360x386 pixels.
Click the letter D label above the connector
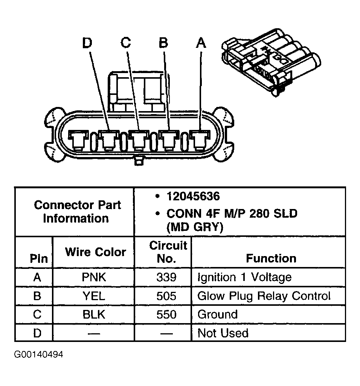pos(87,43)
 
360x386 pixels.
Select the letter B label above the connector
pos(163,43)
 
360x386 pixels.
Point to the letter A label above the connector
pos(201,43)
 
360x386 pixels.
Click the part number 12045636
pos(193,196)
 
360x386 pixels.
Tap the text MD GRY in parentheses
pos(195,227)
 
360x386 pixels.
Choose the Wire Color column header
pos(95,252)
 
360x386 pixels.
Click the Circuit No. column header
pos(168,252)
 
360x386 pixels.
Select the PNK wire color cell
pos(94,278)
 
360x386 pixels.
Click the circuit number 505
pos(166,296)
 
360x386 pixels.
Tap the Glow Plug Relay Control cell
pos(264,296)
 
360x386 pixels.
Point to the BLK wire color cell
pos(94,314)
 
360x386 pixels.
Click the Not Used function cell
pos(223,333)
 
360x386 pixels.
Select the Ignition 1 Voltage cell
pos(244,278)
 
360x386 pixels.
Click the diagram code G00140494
pos(38,355)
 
